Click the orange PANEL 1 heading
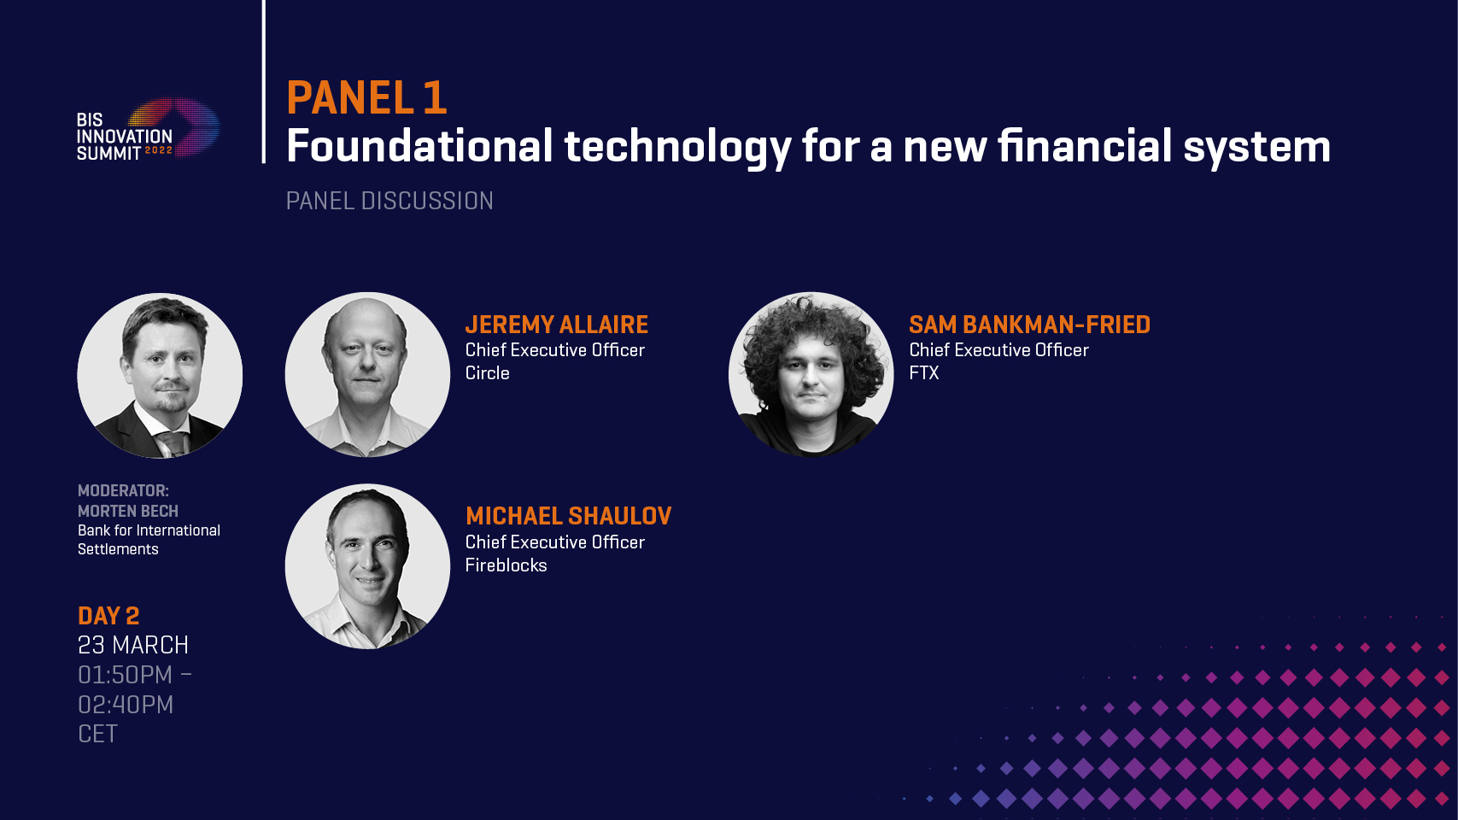click(366, 98)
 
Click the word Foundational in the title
click(420, 146)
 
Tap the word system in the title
click(1257, 149)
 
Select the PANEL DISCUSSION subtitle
click(389, 201)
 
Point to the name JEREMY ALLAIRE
click(557, 324)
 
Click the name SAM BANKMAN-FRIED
click(1030, 324)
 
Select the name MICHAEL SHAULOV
click(568, 516)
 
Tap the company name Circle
click(487, 373)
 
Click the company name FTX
click(923, 373)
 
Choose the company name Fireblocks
click(506, 565)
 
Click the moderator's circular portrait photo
click(160, 376)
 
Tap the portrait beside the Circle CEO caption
click(367, 374)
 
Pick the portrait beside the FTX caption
click(811, 374)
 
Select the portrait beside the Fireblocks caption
click(367, 566)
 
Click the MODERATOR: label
click(123, 490)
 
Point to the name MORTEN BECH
click(128, 511)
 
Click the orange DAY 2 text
click(108, 616)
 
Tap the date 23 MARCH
click(132, 645)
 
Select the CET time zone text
click(97, 734)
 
